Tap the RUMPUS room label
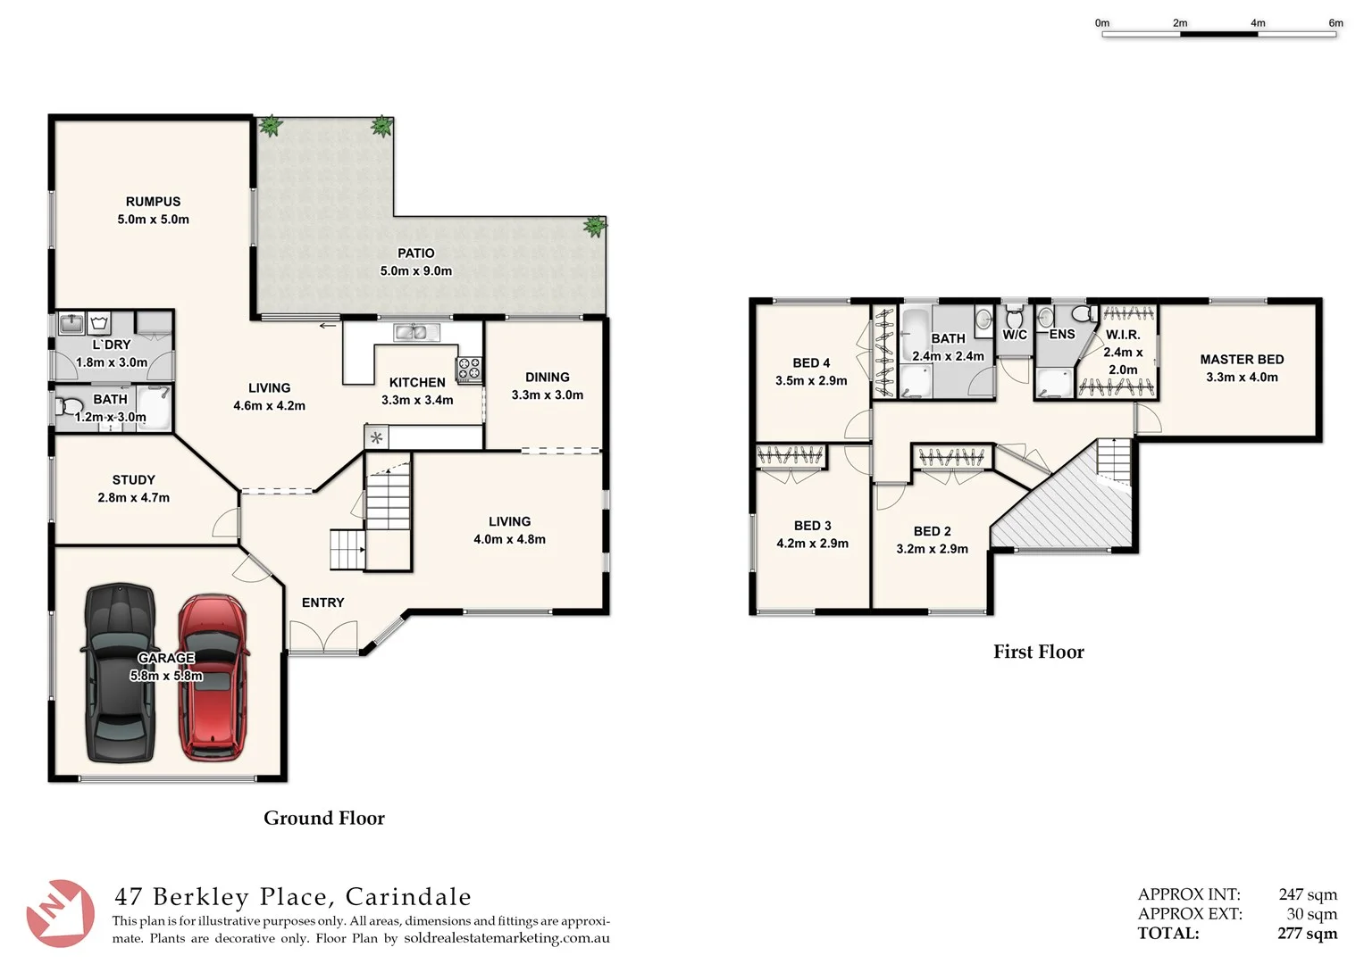tap(153, 202)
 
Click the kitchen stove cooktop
tap(470, 369)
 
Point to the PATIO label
tap(416, 253)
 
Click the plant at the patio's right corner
tap(594, 227)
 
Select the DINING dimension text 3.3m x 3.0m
tap(547, 395)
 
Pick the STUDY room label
tap(133, 480)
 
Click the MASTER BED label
tap(1242, 360)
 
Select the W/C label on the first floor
tap(1015, 335)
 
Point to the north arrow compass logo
tap(59, 912)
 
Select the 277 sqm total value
tap(1307, 934)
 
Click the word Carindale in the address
tap(408, 897)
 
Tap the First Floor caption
tap(1038, 652)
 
